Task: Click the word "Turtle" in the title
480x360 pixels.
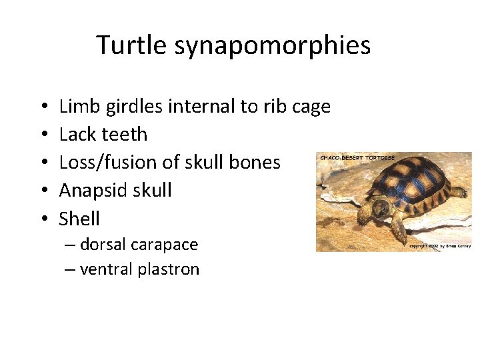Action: pos(131,45)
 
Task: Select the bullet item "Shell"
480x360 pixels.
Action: pos(79,219)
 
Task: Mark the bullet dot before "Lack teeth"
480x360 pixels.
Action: pos(43,135)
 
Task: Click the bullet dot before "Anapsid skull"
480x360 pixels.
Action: pos(43,191)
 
